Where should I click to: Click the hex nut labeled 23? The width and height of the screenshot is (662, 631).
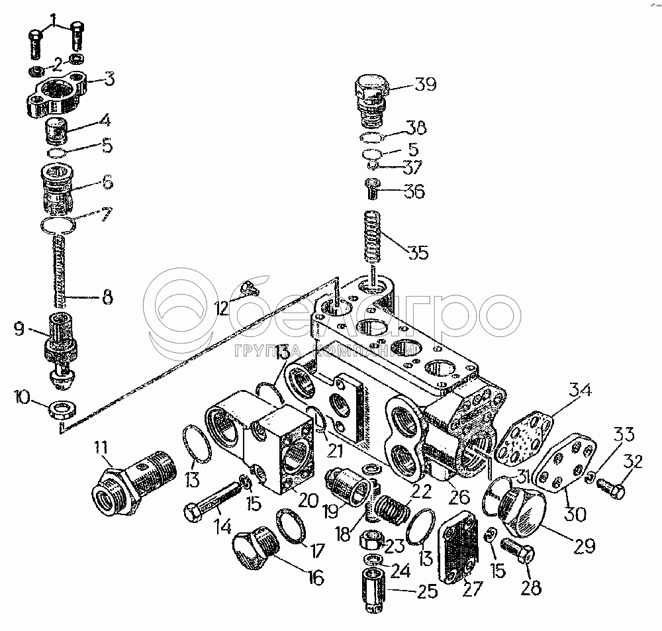coord(373,542)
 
